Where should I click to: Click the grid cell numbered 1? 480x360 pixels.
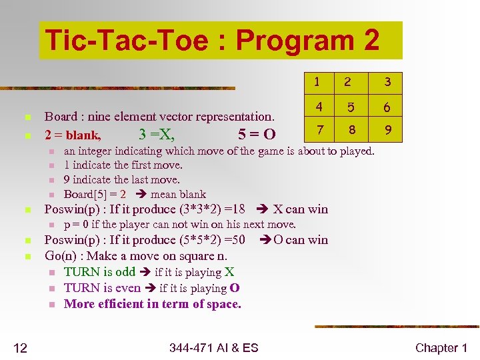click(317, 82)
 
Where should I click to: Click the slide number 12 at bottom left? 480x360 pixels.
click(22, 347)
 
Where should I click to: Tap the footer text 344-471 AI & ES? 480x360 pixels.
click(213, 347)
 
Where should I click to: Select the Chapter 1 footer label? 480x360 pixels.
click(441, 347)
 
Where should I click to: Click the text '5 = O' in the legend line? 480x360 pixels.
click(257, 135)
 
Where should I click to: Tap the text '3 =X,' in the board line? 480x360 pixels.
click(157, 135)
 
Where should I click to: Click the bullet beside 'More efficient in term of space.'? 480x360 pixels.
click(50, 305)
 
